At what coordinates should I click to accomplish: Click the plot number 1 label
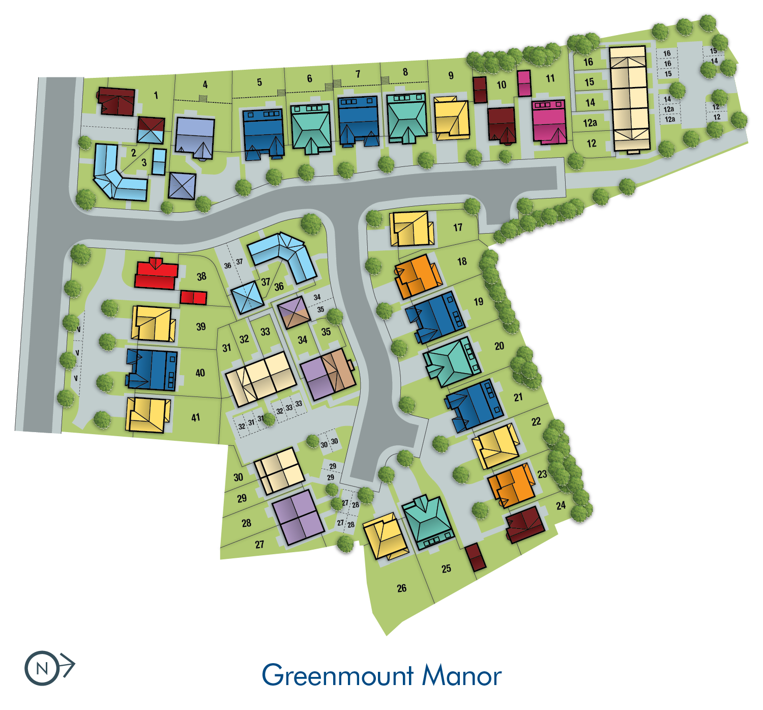(156, 95)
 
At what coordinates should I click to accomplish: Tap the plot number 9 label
(451, 75)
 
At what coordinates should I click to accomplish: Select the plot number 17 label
(458, 228)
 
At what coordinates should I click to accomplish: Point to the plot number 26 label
(401, 588)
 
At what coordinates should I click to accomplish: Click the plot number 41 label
(196, 418)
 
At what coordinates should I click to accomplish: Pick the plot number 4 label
(205, 84)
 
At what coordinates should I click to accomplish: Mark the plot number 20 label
(500, 346)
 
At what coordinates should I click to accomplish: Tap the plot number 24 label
(561, 505)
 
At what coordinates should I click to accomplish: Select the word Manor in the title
(462, 675)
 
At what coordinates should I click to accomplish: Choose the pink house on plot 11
(549, 121)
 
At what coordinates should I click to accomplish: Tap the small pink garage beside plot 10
(524, 83)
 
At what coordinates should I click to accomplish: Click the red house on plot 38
(156, 275)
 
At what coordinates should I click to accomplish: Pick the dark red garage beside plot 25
(475, 557)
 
